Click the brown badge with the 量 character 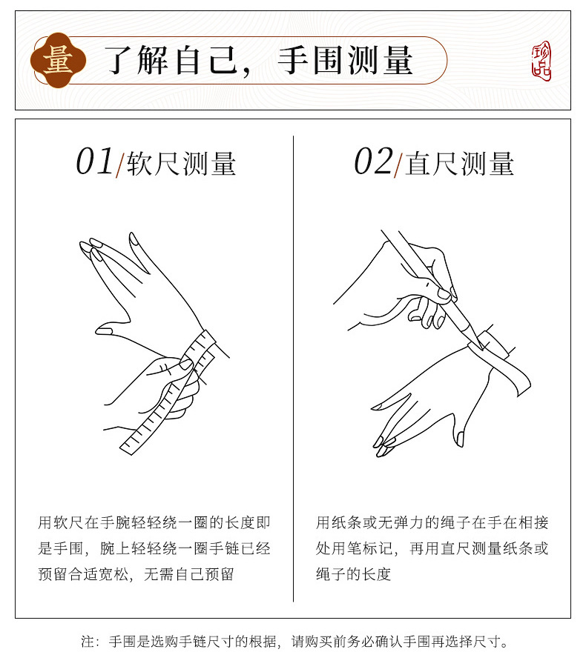point(58,61)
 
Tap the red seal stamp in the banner point(541,61)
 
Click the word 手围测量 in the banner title point(346,61)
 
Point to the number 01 point(94,162)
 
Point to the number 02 point(373,162)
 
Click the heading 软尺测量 point(181,164)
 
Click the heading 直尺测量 point(459,164)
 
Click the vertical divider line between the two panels point(294,368)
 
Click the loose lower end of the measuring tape point(128,447)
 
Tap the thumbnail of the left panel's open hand point(103,331)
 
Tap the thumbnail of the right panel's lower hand point(460,439)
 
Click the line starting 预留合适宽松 point(136,574)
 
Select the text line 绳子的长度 point(353,574)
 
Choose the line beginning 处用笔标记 point(432,548)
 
